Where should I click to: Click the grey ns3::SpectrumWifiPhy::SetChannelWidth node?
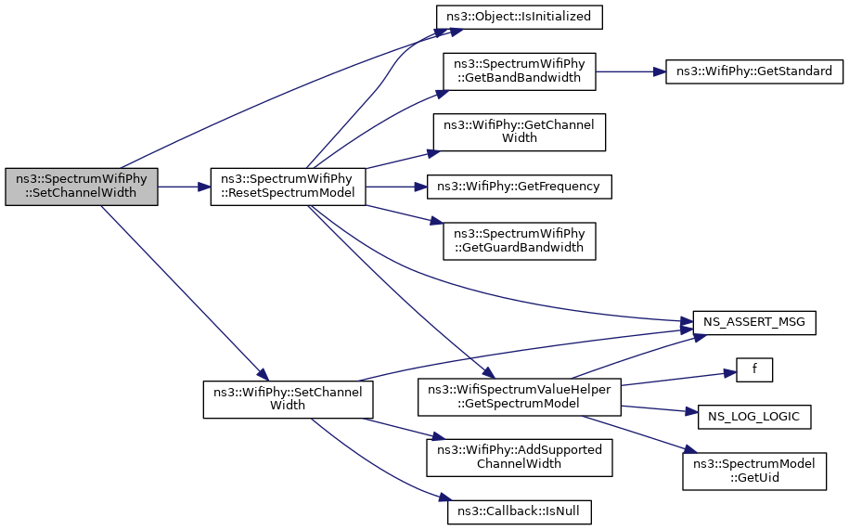(x=82, y=187)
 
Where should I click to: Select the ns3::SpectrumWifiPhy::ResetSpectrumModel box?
(x=288, y=187)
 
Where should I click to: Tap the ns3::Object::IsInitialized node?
(x=520, y=18)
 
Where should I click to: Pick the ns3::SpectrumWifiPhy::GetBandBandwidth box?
(x=520, y=71)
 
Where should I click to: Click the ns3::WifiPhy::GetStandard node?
(x=754, y=71)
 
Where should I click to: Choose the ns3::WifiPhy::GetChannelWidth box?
(x=520, y=132)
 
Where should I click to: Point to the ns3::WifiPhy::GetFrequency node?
(x=520, y=187)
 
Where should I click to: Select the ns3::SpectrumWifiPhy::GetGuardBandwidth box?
(x=520, y=241)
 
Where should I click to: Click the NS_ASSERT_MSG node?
(x=754, y=323)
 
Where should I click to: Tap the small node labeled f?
(x=754, y=369)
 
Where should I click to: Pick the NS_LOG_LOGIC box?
(x=754, y=417)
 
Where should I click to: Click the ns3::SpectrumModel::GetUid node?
(x=754, y=472)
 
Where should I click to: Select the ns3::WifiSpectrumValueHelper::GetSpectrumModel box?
(x=520, y=397)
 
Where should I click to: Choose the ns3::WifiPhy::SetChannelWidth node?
(x=288, y=399)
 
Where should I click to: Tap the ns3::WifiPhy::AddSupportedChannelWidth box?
(x=520, y=458)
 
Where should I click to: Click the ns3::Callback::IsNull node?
(x=520, y=511)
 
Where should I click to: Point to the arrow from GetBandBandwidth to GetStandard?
(x=631, y=71)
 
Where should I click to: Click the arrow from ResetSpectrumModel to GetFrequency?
(x=396, y=187)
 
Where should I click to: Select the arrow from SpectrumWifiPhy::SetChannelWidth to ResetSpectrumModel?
(x=184, y=187)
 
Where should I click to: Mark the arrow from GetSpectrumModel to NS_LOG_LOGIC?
(x=660, y=409)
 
